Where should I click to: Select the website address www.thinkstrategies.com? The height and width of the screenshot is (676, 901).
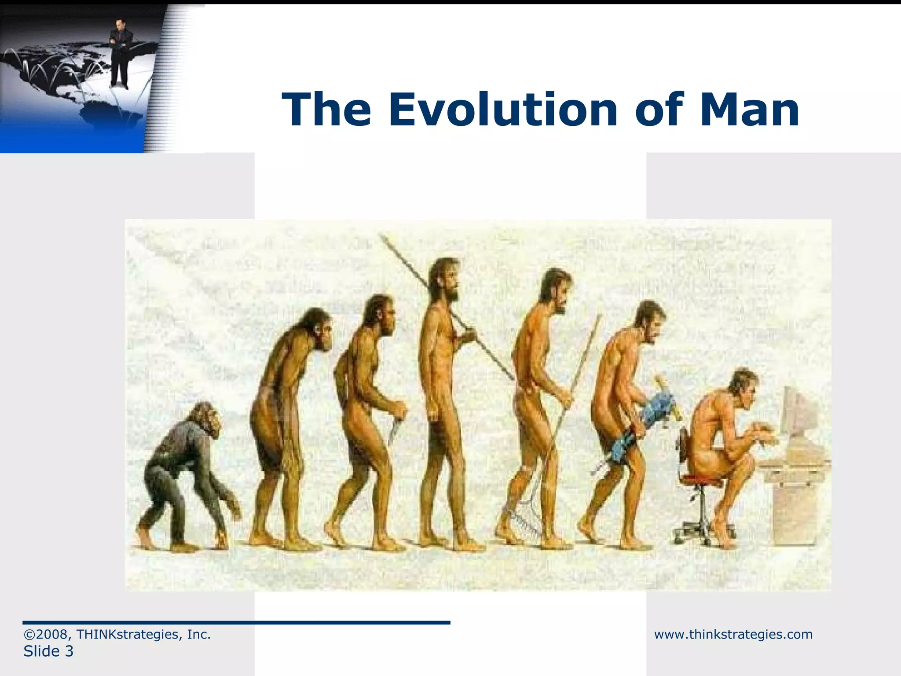coord(733,634)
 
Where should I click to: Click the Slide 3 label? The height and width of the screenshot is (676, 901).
coord(48,651)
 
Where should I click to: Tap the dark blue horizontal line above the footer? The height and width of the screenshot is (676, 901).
coord(236,622)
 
